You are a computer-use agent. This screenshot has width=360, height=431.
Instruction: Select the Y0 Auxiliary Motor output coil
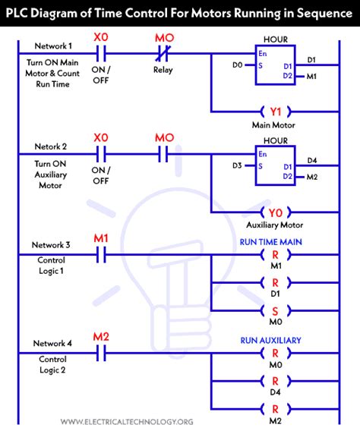(x=274, y=212)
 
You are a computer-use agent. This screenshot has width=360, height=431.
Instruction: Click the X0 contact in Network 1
(x=100, y=54)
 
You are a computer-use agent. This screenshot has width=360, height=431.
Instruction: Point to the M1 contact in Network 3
(x=100, y=255)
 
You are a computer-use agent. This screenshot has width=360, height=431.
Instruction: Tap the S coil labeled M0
(x=274, y=311)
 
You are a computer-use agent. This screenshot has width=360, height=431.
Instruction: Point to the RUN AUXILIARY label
(x=274, y=341)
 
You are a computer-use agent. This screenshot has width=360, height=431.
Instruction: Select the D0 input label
(x=238, y=65)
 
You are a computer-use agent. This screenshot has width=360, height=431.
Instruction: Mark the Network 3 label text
(x=51, y=244)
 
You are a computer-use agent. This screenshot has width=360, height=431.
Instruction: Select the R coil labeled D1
(x=274, y=283)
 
